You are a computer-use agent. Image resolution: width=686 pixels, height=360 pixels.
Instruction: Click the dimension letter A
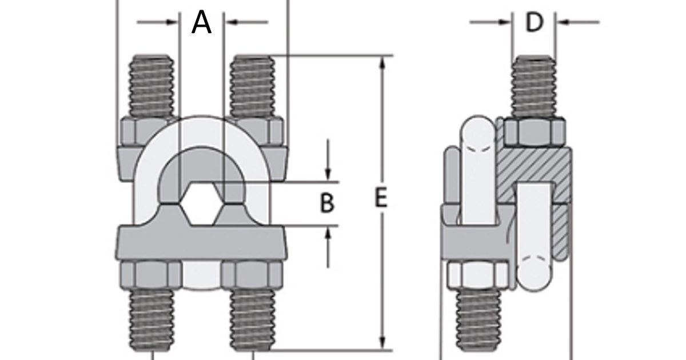point(201,22)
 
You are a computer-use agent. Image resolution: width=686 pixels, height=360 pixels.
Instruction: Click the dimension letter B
point(326,203)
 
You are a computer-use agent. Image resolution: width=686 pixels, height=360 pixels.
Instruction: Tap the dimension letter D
point(533,22)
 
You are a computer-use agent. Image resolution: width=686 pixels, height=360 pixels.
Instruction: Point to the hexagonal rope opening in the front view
point(201,204)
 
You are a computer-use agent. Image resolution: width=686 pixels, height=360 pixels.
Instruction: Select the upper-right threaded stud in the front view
point(251,86)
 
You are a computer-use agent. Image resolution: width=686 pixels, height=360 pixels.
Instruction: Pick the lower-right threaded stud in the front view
point(251,320)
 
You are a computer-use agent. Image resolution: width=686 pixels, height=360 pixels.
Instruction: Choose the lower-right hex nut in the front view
point(252,275)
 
